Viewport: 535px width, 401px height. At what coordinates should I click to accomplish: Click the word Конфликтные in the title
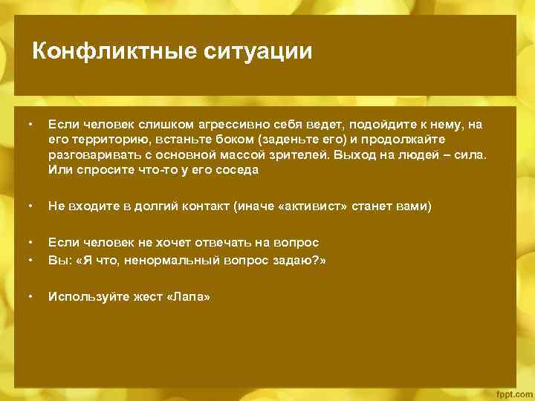coord(111,51)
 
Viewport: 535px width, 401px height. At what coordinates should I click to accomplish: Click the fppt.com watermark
coord(512,391)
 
